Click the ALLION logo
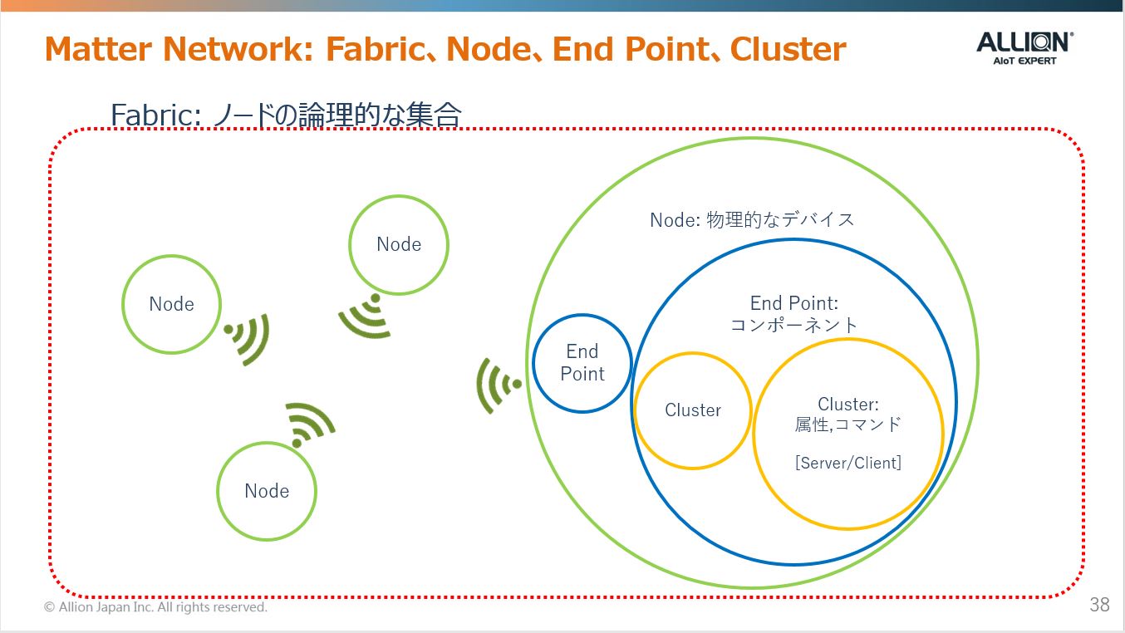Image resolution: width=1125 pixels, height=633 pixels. [x=1024, y=42]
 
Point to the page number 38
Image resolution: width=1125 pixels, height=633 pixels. [x=1099, y=605]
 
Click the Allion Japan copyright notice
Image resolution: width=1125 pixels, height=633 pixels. [x=155, y=607]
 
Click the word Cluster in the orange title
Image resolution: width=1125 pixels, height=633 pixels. [x=788, y=49]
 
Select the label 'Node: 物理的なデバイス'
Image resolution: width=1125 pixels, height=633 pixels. [x=752, y=219]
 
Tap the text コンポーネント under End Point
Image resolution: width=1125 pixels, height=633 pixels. [x=793, y=325]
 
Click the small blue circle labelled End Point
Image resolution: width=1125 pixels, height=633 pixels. [x=582, y=363]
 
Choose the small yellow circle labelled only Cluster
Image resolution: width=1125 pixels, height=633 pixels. [x=692, y=410]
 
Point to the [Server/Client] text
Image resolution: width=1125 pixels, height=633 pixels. [x=847, y=463]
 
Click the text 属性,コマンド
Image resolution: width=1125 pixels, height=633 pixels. [x=847, y=424]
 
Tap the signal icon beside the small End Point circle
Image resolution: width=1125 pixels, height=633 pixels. [x=498, y=385]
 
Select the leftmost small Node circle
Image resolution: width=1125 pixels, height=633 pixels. [x=171, y=304]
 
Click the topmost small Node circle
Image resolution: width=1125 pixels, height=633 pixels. [x=399, y=244]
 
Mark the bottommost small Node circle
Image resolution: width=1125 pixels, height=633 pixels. [x=267, y=491]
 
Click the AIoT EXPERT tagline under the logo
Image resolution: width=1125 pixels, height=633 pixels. [x=1024, y=60]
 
